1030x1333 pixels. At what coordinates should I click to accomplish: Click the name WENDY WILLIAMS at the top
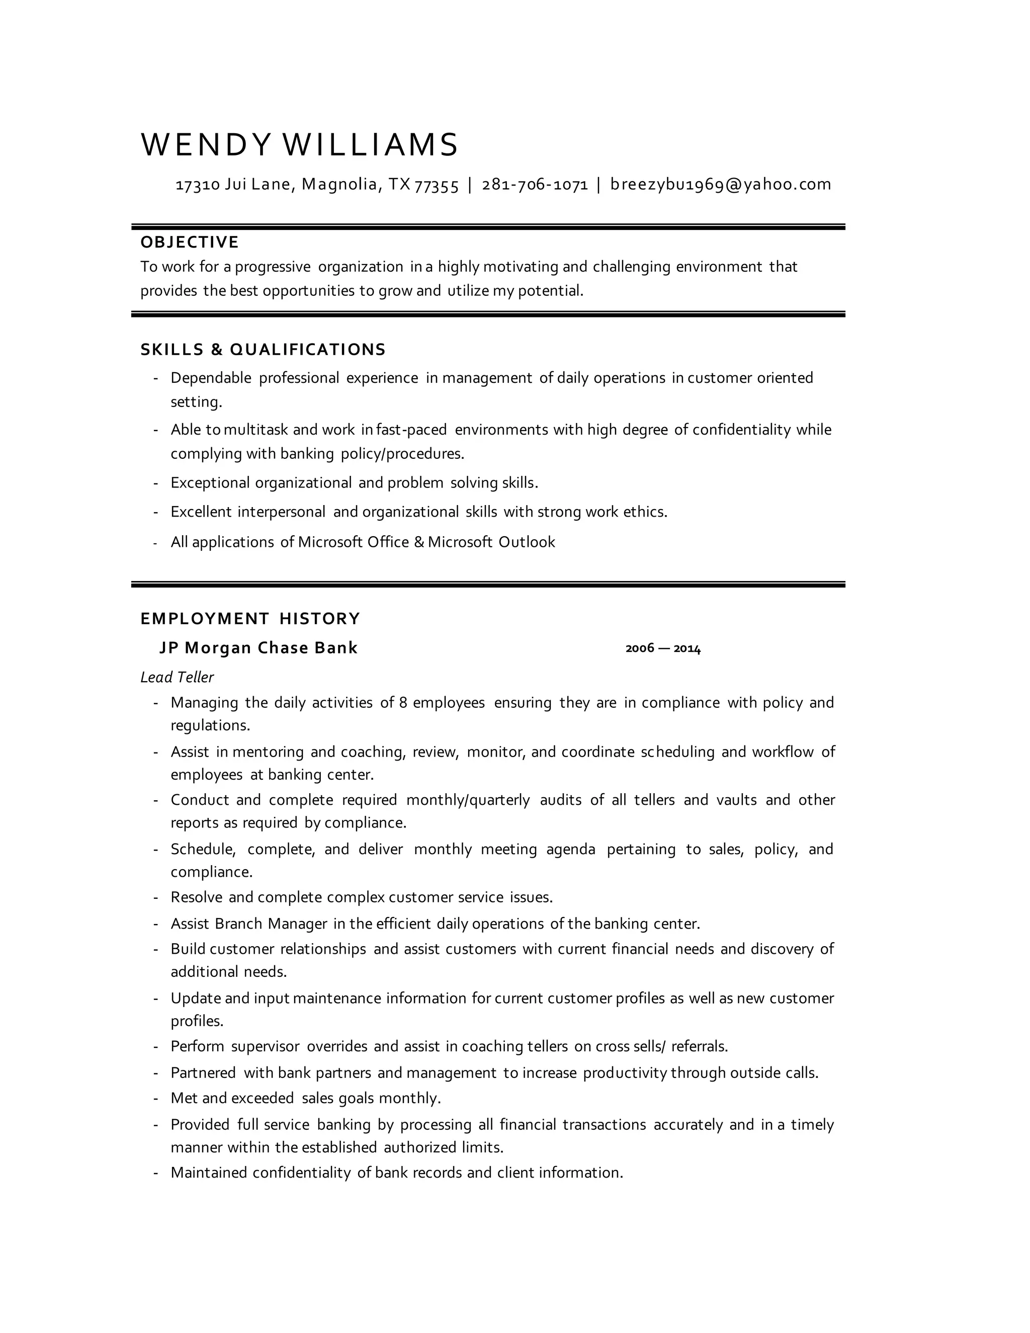[299, 145]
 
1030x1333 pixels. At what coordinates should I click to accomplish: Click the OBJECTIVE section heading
[189, 242]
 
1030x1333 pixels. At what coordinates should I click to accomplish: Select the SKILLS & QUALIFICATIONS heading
[263, 350]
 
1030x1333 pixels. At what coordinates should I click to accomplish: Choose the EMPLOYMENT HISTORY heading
[250, 619]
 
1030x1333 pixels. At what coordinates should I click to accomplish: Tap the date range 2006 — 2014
[663, 648]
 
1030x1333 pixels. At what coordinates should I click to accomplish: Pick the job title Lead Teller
[177, 677]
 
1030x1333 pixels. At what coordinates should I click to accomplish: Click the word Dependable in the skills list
[211, 378]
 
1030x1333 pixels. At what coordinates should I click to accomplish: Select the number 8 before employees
[403, 703]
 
